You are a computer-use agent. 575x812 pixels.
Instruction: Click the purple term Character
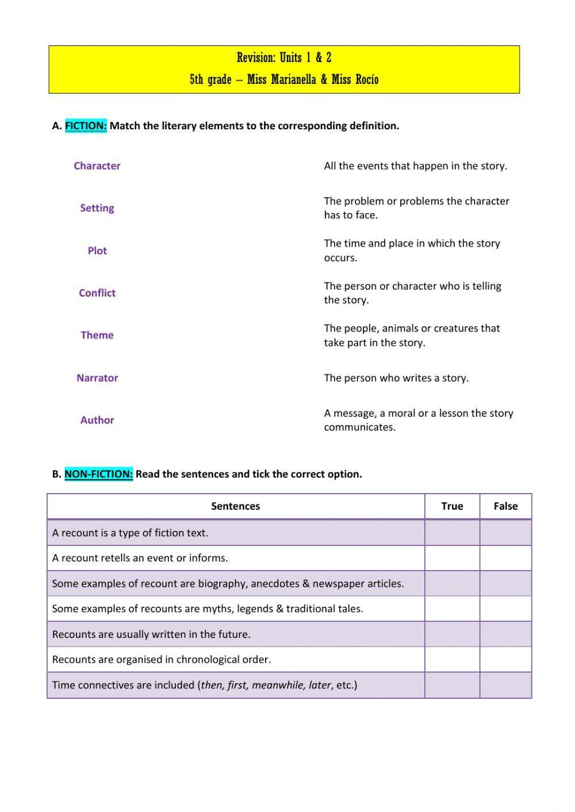point(97,166)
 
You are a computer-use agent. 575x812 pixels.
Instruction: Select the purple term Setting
point(97,208)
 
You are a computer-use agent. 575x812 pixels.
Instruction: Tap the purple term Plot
point(97,251)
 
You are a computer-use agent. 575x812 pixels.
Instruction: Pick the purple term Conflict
point(97,293)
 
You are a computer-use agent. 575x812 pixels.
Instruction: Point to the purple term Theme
point(97,335)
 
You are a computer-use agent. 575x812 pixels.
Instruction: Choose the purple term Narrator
point(97,378)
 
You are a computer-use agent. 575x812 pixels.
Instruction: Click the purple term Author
point(97,420)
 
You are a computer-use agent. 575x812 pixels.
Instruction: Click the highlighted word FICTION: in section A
point(86,125)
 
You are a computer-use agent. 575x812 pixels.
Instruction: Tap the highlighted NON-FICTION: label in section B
point(98,474)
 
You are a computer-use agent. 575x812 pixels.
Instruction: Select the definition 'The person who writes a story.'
point(396,378)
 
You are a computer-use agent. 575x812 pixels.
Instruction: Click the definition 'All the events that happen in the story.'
point(415,166)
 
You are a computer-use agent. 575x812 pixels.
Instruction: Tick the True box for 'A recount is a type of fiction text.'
point(452,533)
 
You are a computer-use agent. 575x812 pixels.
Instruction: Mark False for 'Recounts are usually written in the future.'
point(505,634)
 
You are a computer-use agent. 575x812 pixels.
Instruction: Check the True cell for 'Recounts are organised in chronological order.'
point(452,659)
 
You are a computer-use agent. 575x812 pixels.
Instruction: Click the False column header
point(505,506)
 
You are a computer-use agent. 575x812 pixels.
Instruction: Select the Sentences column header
point(235,506)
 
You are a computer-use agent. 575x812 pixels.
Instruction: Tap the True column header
point(452,506)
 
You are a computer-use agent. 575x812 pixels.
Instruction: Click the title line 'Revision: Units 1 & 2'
point(284,57)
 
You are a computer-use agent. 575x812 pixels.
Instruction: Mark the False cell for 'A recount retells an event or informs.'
point(505,558)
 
